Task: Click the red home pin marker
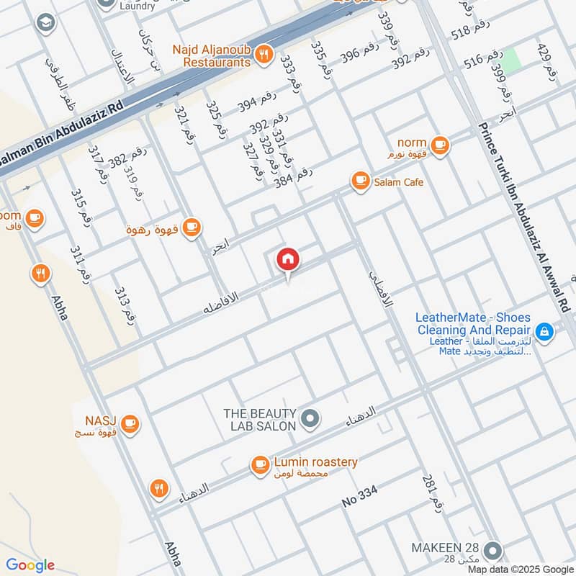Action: (x=288, y=259)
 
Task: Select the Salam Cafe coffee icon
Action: (x=360, y=181)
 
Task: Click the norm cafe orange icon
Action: (x=441, y=145)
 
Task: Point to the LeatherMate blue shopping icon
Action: (x=545, y=331)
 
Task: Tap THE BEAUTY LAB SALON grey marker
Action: (x=310, y=418)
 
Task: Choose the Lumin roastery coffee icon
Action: (x=259, y=465)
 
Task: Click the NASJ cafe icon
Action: (x=130, y=423)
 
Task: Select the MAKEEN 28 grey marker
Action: (x=493, y=551)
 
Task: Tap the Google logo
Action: (x=30, y=565)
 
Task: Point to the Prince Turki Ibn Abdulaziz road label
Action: (x=525, y=216)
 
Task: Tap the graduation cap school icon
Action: (x=45, y=23)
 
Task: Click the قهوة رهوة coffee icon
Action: (x=191, y=228)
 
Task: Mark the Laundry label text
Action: (x=137, y=6)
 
